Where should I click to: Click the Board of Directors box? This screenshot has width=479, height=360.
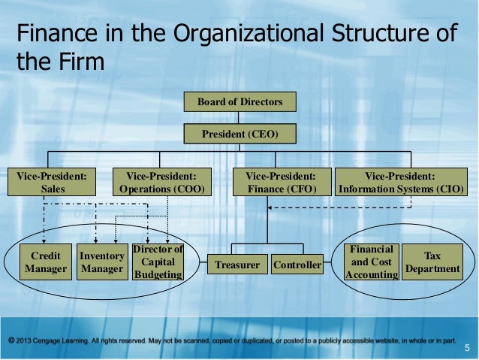239,101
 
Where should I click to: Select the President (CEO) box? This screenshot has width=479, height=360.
239,134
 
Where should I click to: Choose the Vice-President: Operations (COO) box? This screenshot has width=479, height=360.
162,183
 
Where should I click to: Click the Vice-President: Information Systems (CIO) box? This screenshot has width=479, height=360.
402,183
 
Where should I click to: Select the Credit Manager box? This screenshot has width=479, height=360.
46,262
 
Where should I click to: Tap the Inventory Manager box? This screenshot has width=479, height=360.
101,262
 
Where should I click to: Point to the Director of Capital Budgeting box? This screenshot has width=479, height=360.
157,262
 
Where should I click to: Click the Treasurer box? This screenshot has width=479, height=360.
237,265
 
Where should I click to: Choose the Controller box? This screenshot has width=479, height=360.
297,265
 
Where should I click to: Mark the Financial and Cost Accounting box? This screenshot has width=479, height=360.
371,262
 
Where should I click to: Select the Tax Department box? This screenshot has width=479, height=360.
432,262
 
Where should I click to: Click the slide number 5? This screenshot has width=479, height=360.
466,347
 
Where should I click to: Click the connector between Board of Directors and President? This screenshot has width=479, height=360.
239,117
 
